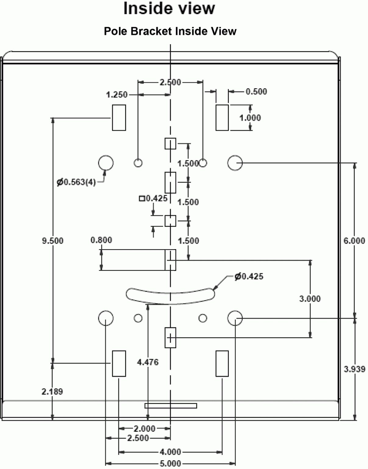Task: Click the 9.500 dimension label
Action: pyautogui.click(x=53, y=241)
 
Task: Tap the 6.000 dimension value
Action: pyautogui.click(x=354, y=241)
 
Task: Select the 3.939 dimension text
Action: pyautogui.click(x=354, y=369)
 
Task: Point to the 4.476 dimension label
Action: pyautogui.click(x=148, y=362)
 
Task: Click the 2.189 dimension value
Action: pyautogui.click(x=52, y=391)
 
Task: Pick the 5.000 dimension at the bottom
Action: pyautogui.click(x=170, y=464)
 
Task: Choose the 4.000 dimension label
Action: pyautogui.click(x=170, y=452)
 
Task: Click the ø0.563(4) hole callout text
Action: pyautogui.click(x=76, y=182)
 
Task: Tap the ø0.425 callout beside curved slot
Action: pyautogui.click(x=249, y=276)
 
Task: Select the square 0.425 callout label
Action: pyautogui.click(x=153, y=198)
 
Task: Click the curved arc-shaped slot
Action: pyautogui.click(x=170, y=296)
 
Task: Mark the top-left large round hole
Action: pyautogui.click(x=106, y=163)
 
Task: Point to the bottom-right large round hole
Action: pyautogui.click(x=235, y=318)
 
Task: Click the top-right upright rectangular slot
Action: pyautogui.click(x=222, y=118)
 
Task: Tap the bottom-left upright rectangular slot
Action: pyautogui.click(x=119, y=363)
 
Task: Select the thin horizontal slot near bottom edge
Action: pyautogui.click(x=170, y=405)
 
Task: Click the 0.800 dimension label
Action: pyautogui.click(x=101, y=240)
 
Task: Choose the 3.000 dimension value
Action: pyautogui.click(x=310, y=299)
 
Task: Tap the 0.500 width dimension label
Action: pyautogui.click(x=256, y=92)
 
